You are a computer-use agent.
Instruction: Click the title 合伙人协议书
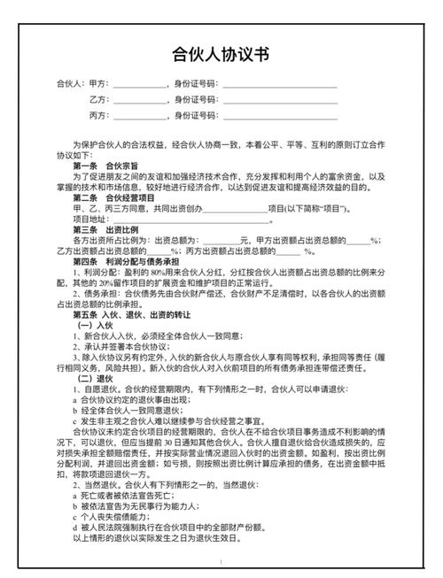pyautogui.click(x=221, y=54)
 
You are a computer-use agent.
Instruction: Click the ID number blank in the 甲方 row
pyautogui.click(x=280, y=86)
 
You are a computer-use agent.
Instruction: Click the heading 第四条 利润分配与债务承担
pyautogui.click(x=127, y=262)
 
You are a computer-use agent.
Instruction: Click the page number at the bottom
pyautogui.click(x=221, y=563)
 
